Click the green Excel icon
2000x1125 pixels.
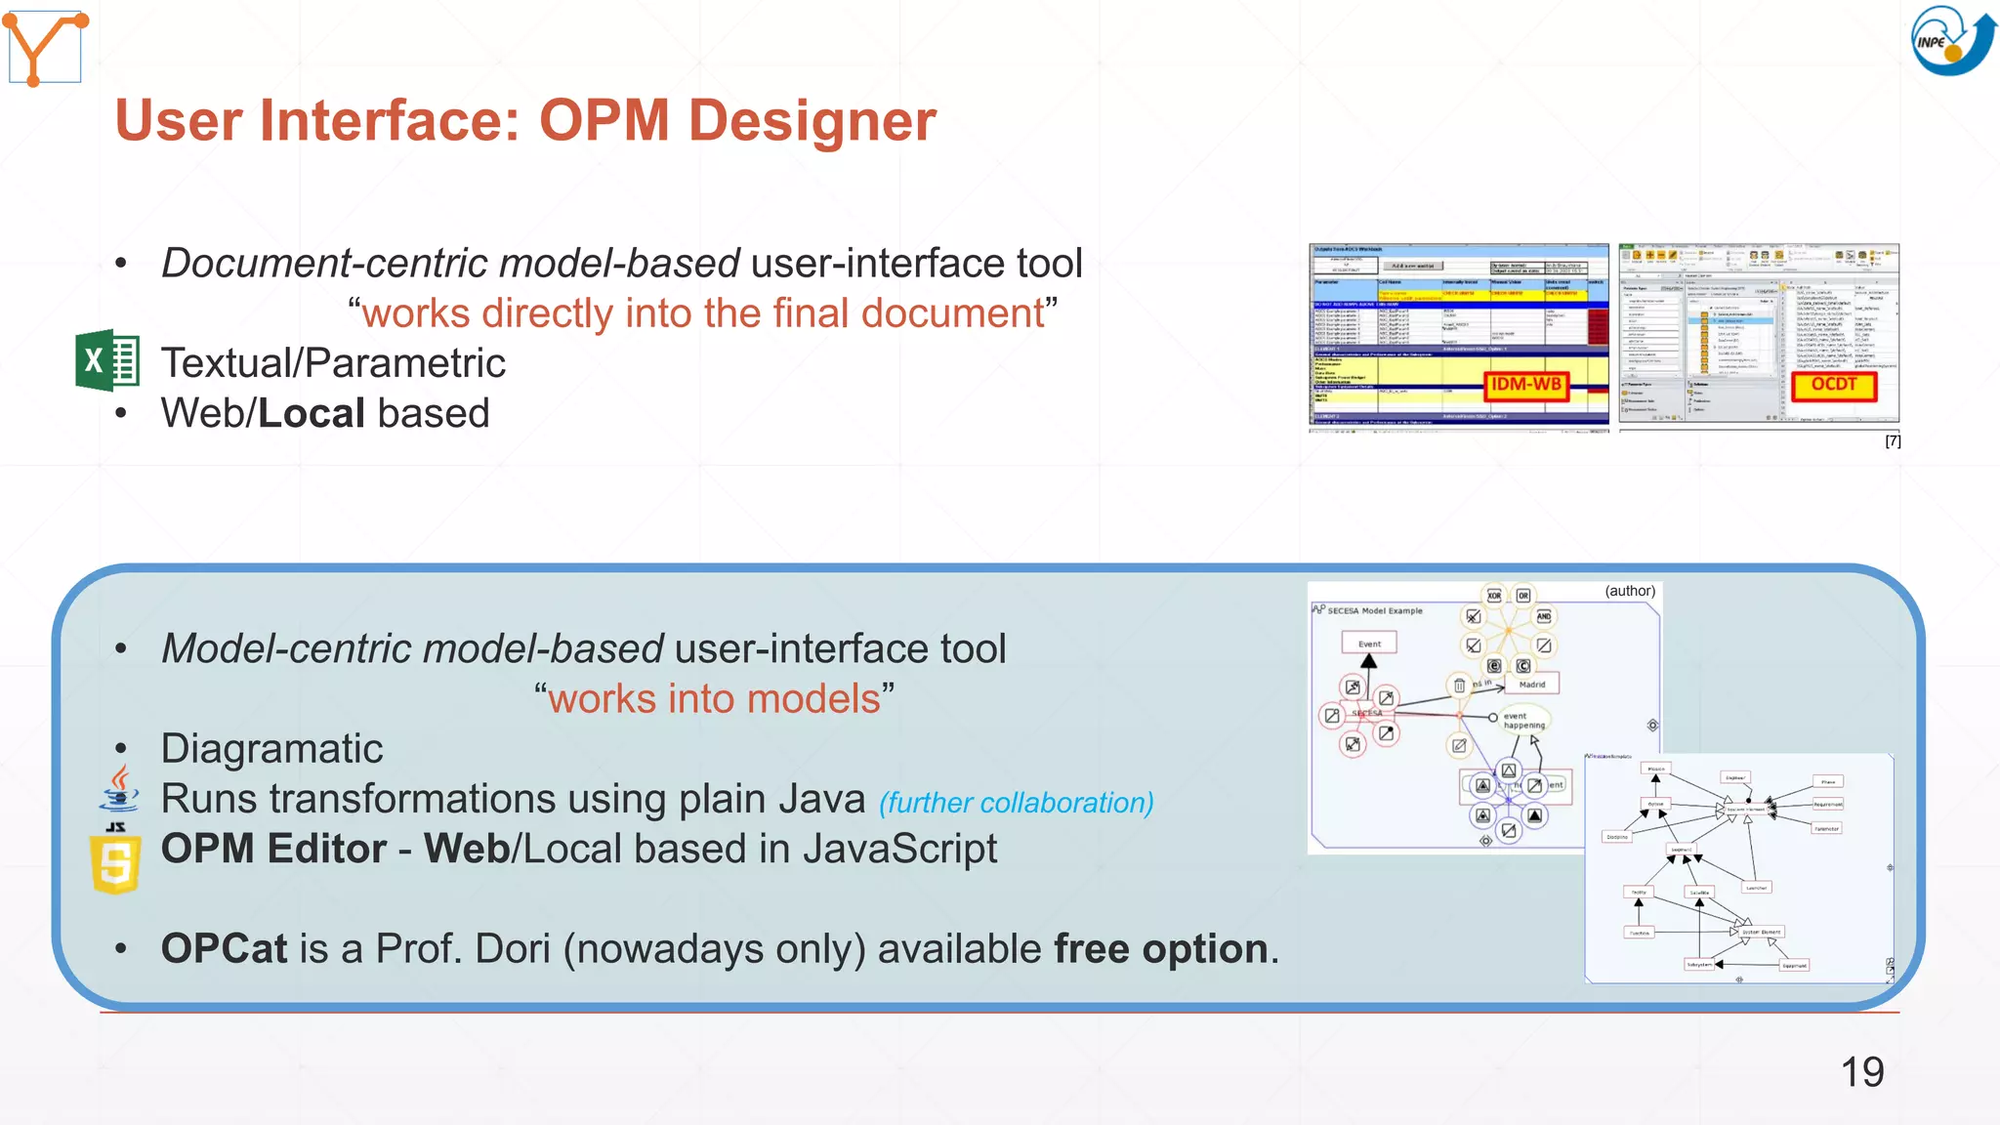click(107, 360)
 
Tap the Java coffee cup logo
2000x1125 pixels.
click(119, 789)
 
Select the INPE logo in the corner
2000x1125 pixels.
click(1951, 40)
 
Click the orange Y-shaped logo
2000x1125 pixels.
click(45, 47)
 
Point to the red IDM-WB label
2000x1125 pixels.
click(1526, 385)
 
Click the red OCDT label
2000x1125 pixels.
click(1834, 385)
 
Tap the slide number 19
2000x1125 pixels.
click(1861, 1072)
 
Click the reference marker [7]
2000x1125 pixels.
click(1892, 441)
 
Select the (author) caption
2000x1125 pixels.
click(1630, 591)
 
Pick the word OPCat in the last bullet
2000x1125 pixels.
click(224, 949)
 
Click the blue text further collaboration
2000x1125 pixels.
click(1017, 803)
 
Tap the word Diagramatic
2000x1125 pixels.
click(271, 749)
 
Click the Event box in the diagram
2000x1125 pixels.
click(1369, 644)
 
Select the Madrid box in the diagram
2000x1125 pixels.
click(1532, 684)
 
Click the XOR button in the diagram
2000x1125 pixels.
click(1494, 595)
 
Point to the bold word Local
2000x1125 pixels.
click(312, 413)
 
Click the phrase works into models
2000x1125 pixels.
click(714, 699)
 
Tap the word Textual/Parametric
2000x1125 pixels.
click(333, 363)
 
